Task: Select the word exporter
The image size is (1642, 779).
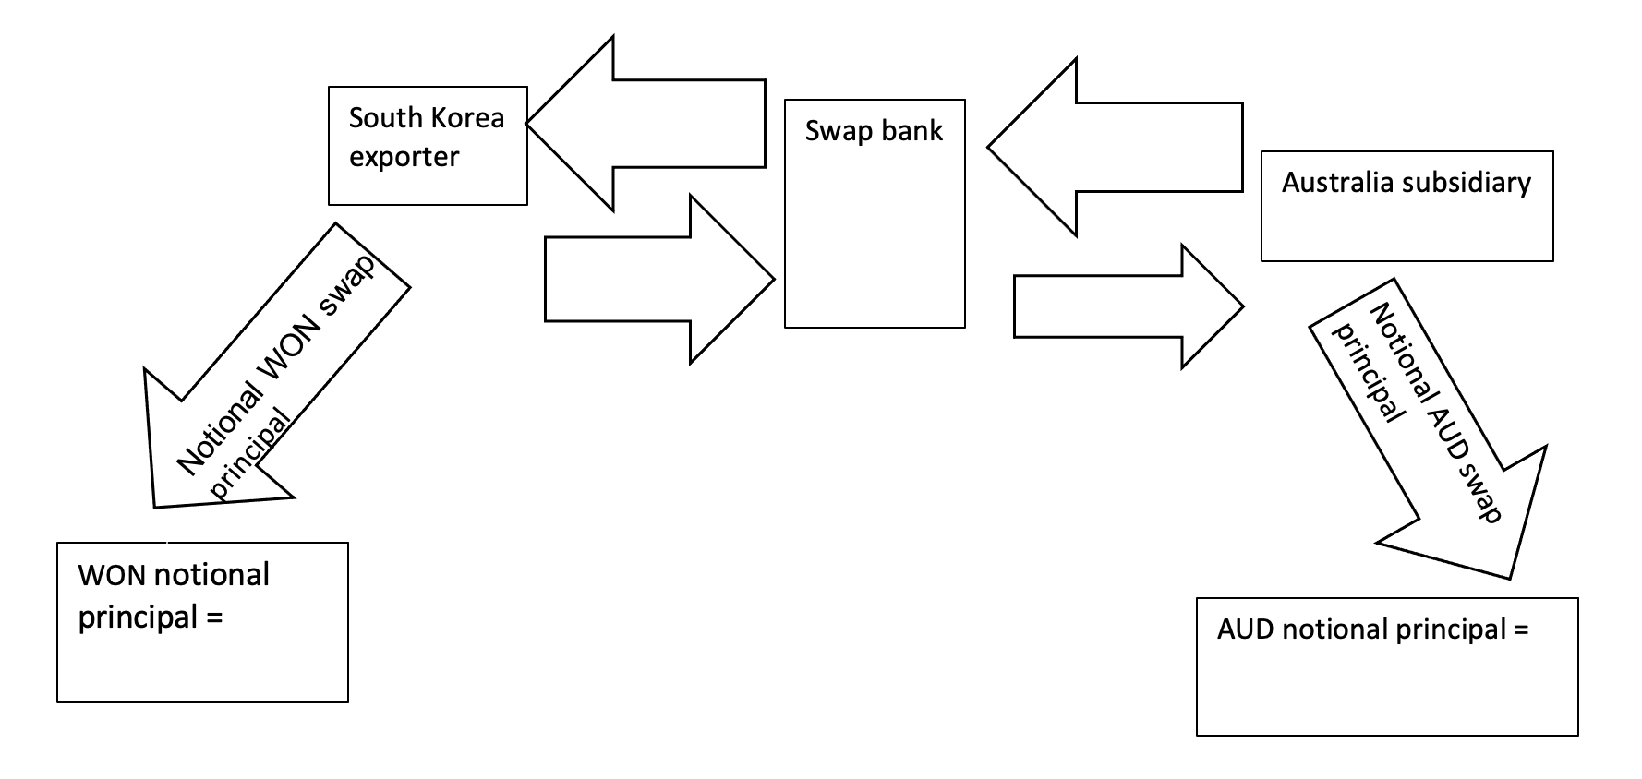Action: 404,157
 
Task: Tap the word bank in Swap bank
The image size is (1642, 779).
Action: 912,131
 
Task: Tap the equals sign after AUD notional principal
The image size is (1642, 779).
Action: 1520,630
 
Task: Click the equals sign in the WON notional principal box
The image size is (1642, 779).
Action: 214,617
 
